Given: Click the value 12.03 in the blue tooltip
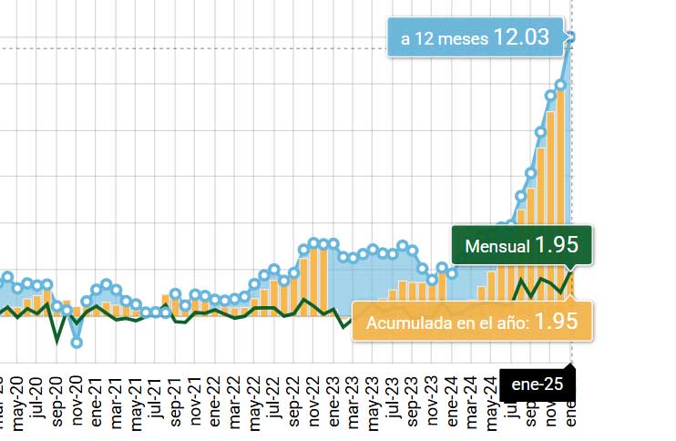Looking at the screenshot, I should (x=521, y=37).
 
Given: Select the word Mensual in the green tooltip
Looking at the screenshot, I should (x=497, y=246).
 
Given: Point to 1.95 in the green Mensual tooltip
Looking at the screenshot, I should (x=557, y=245).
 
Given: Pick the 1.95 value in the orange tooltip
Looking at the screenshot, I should (x=556, y=322).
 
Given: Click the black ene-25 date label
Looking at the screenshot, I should (x=538, y=385).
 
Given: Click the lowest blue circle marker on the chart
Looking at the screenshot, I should (x=77, y=343).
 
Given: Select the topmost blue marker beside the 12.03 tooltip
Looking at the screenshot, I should (x=571, y=36).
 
